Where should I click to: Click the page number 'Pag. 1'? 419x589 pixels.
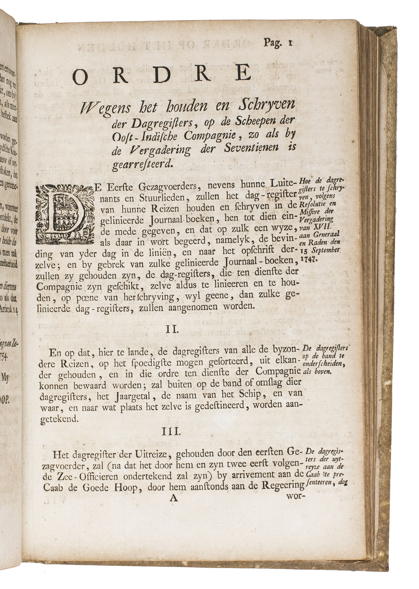point(277,42)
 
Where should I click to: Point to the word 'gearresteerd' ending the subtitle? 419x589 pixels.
point(142,164)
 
